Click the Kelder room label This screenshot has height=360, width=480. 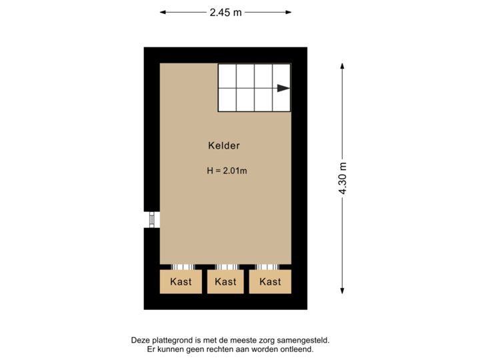coord(223,145)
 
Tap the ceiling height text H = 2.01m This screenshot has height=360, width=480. coord(227,171)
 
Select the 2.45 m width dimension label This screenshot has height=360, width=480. coord(225,12)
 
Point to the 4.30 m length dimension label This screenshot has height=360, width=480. coord(343,178)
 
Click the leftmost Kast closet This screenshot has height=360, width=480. coord(181,281)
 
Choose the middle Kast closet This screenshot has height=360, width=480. coord(225,281)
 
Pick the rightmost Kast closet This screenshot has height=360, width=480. coord(270,281)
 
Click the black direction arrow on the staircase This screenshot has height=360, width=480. coord(283,88)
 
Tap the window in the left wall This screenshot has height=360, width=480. coord(151,219)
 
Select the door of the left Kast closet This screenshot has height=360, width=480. coord(181,266)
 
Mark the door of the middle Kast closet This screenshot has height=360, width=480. coord(225,266)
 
